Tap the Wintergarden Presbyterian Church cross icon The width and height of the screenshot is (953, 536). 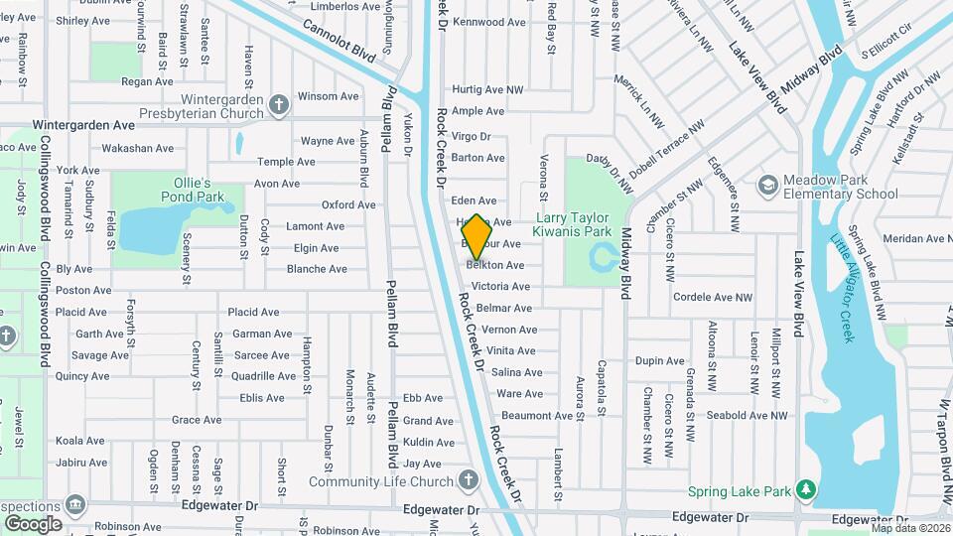click(x=280, y=102)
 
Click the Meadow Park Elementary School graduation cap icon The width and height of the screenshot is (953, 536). click(x=766, y=185)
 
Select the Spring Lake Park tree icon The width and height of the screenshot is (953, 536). click(x=807, y=489)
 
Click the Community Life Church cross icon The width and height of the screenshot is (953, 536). click(x=469, y=481)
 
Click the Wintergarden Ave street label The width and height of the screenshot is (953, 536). click(x=83, y=126)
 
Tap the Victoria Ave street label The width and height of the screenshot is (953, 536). click(x=500, y=286)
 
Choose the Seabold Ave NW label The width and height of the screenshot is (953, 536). click(x=751, y=416)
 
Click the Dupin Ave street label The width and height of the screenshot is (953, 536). click(x=660, y=361)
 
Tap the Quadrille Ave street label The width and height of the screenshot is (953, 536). click(x=263, y=376)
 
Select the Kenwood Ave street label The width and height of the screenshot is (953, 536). click(x=489, y=22)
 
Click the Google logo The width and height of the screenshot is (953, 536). click(x=33, y=523)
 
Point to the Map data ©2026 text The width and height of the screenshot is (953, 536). click(x=910, y=528)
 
